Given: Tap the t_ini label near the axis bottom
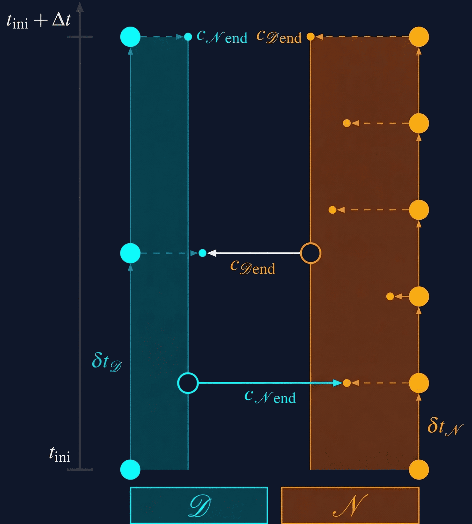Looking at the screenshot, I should coord(60,455).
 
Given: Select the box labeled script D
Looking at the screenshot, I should coord(199,505).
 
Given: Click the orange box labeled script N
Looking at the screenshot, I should coord(350,505).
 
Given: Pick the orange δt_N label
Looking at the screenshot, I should coord(445,427).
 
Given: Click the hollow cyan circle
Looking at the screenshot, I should coord(188,383).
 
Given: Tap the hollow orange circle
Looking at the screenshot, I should coord(310,253).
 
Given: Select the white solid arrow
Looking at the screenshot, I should coord(254,253).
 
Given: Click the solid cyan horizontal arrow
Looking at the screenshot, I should coord(270,383).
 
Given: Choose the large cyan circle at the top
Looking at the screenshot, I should coord(130,37).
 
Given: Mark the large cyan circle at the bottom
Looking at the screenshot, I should coord(130,470).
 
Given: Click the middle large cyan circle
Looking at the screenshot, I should coord(130,253).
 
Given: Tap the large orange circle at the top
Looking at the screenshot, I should coord(419,37).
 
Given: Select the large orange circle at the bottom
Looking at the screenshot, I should coord(419,470).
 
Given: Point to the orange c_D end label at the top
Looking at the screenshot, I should coord(279,37).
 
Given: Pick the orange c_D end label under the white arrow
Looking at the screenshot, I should coord(253,268).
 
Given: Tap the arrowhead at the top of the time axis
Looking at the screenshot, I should coord(80,7).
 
